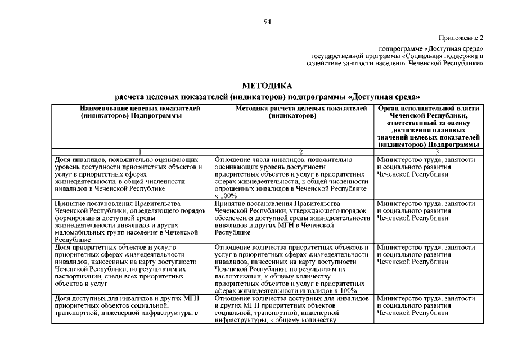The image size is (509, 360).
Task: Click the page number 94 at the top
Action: tap(267, 21)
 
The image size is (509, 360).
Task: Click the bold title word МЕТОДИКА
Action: tap(267, 86)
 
